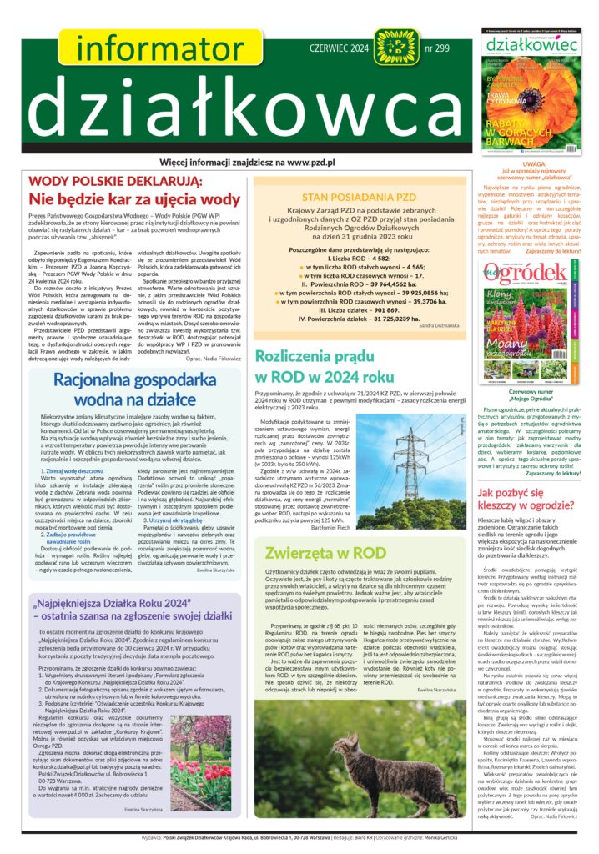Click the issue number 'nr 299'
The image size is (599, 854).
point(442,48)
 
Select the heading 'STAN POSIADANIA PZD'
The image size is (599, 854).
point(359,197)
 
